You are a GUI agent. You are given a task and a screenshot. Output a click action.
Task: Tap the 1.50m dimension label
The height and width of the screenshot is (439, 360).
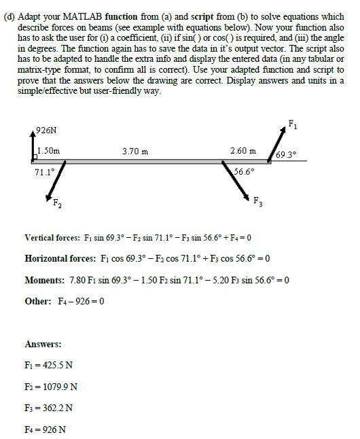coord(48,150)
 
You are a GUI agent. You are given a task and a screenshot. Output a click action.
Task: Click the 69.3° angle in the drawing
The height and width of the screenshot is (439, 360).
coord(288,154)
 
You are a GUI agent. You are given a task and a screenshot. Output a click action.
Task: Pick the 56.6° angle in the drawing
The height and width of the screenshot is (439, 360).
coord(245,171)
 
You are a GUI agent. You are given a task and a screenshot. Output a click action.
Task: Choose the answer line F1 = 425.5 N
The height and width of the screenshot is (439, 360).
coord(49,365)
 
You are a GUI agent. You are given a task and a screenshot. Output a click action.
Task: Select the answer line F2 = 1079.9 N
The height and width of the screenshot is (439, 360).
coord(51,387)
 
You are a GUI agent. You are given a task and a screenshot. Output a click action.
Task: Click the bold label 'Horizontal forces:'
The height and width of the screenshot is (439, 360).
coord(58,259)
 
